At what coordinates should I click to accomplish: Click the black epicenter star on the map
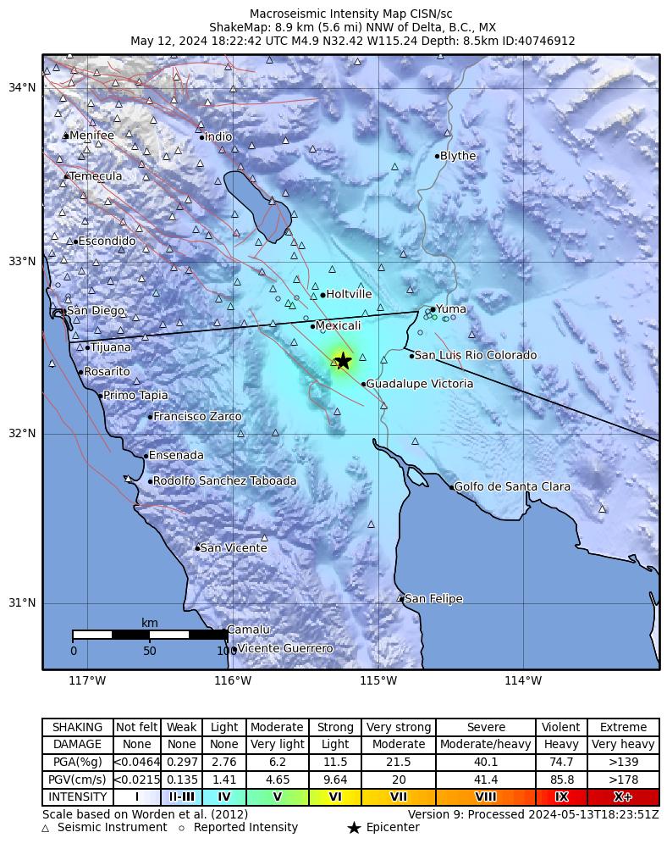(343, 361)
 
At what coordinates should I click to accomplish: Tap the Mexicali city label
(338, 326)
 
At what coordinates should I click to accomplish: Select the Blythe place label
(458, 156)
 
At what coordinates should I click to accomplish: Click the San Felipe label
(433, 599)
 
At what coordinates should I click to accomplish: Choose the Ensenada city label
(176, 456)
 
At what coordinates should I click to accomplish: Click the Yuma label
(450, 309)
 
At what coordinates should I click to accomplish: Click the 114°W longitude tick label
(523, 680)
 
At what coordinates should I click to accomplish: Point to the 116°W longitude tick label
(233, 680)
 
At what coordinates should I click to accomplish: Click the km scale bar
(150, 635)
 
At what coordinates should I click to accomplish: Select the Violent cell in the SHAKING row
(561, 728)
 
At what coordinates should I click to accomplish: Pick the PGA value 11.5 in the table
(335, 763)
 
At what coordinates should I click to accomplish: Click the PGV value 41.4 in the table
(486, 780)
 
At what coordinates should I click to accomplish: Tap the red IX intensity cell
(561, 797)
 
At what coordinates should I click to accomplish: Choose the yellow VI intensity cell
(335, 797)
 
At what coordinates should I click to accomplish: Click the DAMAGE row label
(77, 745)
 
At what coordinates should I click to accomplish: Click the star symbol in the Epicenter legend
(354, 828)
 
